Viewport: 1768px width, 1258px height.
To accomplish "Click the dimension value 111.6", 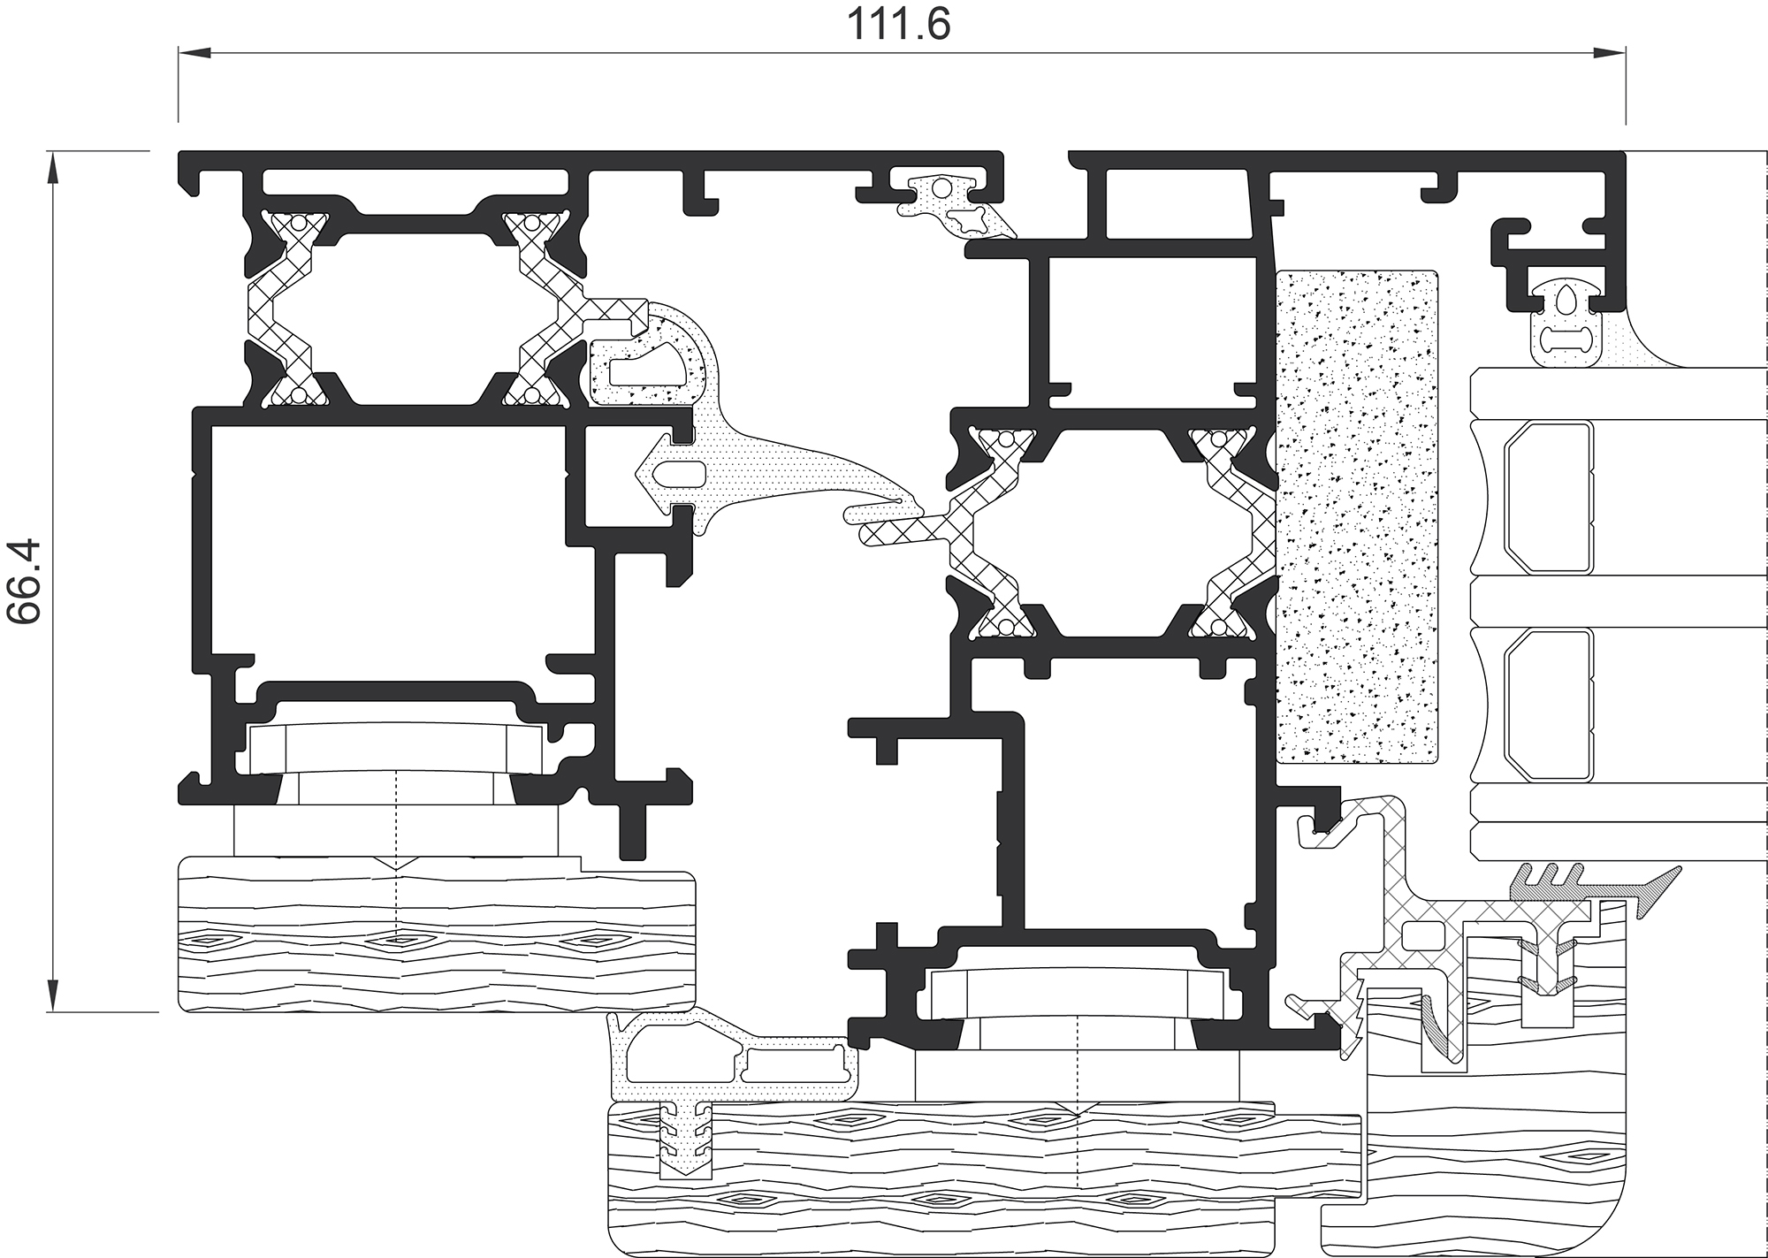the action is pos(899,24).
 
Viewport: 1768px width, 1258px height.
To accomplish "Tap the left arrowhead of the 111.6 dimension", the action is pos(195,54).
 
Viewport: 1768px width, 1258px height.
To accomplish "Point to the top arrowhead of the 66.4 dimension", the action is pos(54,169).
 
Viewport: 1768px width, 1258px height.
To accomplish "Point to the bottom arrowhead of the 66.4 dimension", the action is pos(54,995).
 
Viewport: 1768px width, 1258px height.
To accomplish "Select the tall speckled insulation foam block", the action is pos(1357,516).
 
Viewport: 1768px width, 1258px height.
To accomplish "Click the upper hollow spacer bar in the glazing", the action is pos(1548,498).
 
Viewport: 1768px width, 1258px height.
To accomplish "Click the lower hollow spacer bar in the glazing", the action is pos(1548,705).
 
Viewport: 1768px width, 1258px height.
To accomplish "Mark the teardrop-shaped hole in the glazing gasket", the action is pos(1562,300).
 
